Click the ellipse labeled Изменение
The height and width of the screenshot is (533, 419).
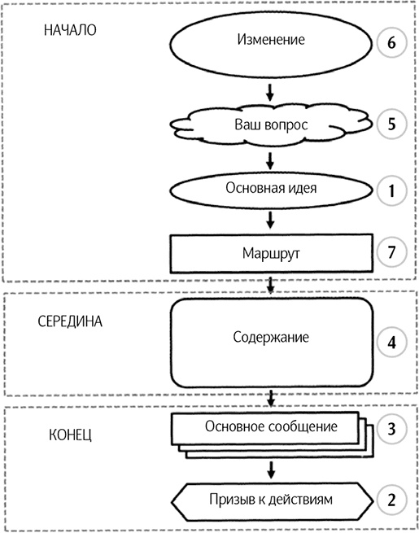point(271,40)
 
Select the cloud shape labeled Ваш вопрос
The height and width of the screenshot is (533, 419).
point(271,126)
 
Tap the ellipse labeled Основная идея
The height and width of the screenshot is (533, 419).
point(271,189)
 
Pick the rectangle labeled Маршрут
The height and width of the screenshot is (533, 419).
point(271,253)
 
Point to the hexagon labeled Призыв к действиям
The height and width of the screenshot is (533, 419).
point(271,499)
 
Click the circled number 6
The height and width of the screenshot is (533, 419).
point(391,42)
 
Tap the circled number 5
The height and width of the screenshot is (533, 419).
point(391,126)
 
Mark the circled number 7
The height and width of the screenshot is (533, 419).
point(391,251)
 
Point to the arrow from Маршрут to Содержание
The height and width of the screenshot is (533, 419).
point(271,284)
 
